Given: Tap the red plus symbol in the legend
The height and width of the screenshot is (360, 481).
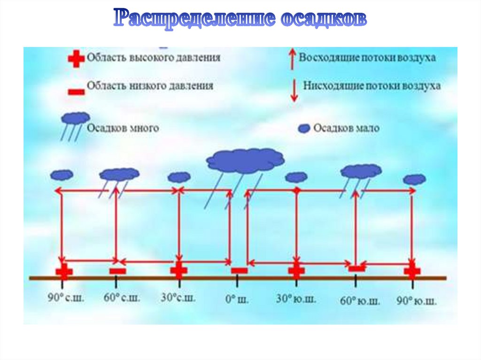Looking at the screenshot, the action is point(76,59).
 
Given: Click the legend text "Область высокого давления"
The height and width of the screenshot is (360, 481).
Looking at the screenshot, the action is point(154,58).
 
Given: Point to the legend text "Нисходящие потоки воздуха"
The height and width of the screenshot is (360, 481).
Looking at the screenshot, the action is point(372,86).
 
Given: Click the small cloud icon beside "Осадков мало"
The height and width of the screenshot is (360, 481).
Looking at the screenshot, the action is point(305,128).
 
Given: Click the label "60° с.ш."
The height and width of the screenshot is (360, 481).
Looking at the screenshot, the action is point(121,298).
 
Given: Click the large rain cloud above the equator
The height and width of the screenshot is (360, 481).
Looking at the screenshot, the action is point(245,161).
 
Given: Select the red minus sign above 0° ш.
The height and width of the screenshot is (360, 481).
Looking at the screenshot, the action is point(240,270).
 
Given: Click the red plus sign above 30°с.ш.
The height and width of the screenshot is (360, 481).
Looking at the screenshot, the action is point(178,271).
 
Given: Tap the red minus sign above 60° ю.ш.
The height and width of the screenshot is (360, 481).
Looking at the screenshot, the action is point(357,268).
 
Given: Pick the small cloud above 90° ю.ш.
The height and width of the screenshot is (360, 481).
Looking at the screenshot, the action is point(414,179).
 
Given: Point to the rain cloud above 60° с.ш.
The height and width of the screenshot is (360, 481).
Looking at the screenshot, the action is point(119,175).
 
